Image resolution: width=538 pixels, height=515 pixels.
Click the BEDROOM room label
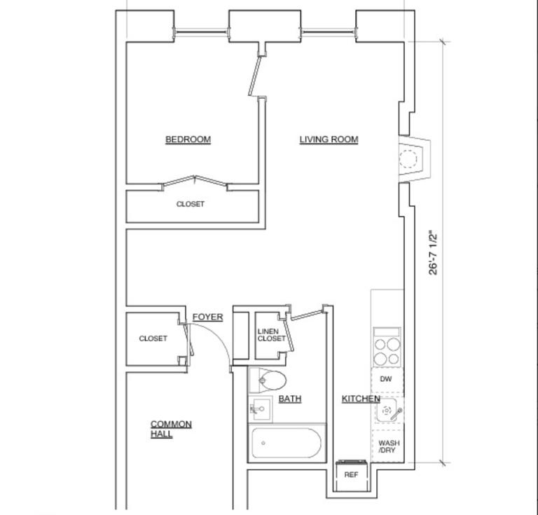coord(188,139)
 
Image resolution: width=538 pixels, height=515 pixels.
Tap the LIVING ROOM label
coord(329,139)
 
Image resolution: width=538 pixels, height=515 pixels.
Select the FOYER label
coord(207,317)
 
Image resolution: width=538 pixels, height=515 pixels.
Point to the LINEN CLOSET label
coord(271,335)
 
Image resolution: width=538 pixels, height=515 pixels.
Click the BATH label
coord(290,399)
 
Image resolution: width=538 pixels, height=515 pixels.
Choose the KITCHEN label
coord(361,399)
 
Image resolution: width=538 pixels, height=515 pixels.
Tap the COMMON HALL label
coord(170,429)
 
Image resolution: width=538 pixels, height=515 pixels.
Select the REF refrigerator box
coord(352,475)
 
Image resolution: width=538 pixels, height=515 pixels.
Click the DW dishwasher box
coord(386,379)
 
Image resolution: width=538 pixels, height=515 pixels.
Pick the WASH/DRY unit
coord(388,446)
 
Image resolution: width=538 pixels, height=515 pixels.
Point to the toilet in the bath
coord(270,381)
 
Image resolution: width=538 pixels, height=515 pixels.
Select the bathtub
coord(287,443)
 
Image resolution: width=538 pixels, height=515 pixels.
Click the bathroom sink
coord(260,408)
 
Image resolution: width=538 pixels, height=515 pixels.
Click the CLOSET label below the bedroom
coord(191,205)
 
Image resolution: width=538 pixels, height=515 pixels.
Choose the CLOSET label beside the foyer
coord(153,338)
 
